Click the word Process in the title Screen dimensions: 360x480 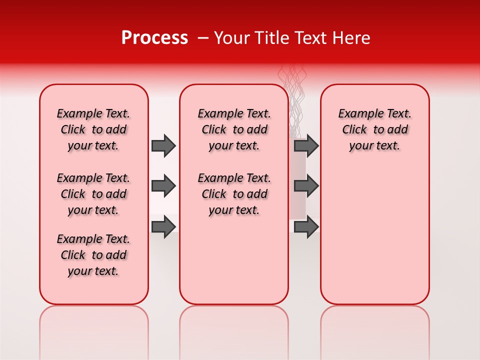click(x=154, y=38)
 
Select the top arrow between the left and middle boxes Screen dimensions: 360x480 click(x=163, y=145)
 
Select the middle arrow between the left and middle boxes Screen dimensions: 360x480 click(x=163, y=186)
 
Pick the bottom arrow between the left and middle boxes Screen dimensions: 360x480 click(x=163, y=226)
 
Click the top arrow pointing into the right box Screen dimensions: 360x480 click(x=306, y=145)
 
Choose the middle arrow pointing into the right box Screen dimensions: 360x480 click(x=306, y=186)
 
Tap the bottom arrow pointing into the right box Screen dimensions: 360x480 click(x=306, y=226)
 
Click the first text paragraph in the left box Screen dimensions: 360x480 click(x=93, y=129)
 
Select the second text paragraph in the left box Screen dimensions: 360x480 click(x=93, y=194)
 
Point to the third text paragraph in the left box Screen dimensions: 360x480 click(x=93, y=255)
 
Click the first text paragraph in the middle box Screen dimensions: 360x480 click(x=234, y=129)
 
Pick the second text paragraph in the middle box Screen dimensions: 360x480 click(x=234, y=194)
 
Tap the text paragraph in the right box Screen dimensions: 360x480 click(x=374, y=129)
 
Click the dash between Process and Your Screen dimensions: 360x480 click(x=203, y=38)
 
